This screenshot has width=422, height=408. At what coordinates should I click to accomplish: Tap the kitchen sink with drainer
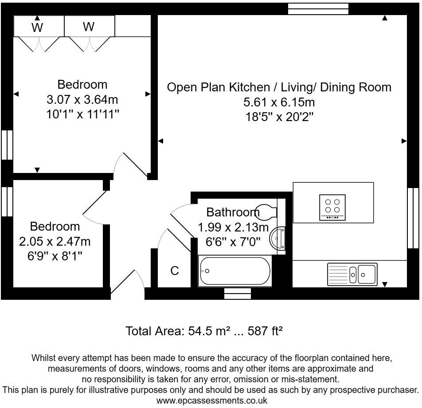coord(352,274)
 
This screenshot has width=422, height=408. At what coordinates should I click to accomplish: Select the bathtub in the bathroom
coord(235,271)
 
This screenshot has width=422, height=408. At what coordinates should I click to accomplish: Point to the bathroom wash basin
coord(279,239)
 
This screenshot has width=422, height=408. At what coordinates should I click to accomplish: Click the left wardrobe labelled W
coord(38,27)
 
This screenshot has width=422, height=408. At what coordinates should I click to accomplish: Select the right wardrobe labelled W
coord(89,27)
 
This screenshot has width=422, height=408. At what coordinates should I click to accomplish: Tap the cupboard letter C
coord(175,271)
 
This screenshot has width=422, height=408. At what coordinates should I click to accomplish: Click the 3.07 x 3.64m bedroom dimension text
coord(82,99)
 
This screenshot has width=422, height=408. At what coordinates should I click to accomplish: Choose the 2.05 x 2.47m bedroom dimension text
coord(55,241)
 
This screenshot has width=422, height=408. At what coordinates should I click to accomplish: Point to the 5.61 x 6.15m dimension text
coord(279,102)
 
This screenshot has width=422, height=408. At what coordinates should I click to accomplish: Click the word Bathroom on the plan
coord(233,212)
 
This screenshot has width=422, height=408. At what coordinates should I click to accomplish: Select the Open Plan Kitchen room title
coord(279,87)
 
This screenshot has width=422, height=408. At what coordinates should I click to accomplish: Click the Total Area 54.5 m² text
coord(204,331)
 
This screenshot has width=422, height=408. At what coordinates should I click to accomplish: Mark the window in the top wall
coord(318,9)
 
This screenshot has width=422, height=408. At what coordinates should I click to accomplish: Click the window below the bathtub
coord(237,293)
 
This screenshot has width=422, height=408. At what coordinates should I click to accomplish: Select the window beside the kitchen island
coord(413,217)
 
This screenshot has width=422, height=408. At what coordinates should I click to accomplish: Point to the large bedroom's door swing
coord(130,166)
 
